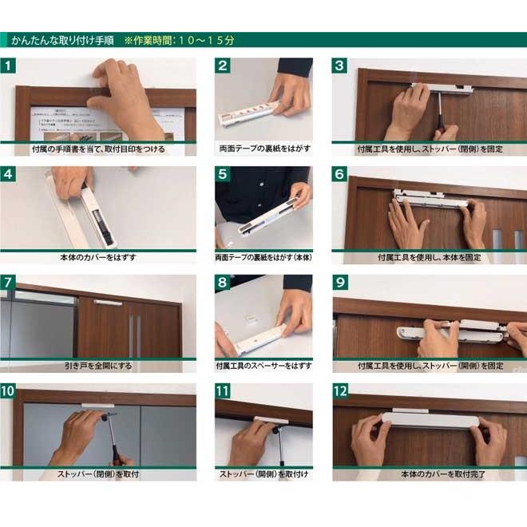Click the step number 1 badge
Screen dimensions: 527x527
click(8, 65)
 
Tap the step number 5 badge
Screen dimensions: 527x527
click(223, 174)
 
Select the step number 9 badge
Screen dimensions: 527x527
click(340, 283)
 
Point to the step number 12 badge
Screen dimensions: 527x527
click(340, 391)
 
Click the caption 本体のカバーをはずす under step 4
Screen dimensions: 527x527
click(98, 257)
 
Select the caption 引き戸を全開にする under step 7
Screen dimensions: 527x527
click(98, 366)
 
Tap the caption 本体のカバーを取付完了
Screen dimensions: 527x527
click(443, 474)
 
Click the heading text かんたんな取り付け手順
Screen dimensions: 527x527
click(62, 41)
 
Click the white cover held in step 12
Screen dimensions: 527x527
click(430, 420)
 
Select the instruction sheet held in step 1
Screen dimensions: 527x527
click(101, 124)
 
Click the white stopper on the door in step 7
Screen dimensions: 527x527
click(109, 303)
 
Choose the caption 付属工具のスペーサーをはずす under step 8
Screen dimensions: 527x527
click(263, 366)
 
